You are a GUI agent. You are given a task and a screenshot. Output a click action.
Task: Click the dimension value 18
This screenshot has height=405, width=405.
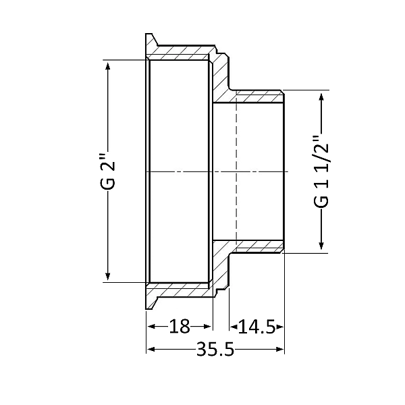(179, 327)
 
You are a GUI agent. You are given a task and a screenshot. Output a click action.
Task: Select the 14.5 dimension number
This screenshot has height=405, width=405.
(256, 327)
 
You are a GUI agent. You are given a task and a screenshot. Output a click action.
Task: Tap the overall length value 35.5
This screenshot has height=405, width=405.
(215, 350)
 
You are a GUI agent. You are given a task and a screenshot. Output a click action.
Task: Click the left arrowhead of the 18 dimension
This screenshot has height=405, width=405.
(151, 327)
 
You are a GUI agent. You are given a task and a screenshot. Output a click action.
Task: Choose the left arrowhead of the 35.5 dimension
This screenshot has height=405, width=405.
(151, 350)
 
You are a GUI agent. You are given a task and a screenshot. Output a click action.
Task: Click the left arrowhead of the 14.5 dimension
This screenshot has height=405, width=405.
(234, 327)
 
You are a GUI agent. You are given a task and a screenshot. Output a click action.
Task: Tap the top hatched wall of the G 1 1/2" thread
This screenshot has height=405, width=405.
(256, 95)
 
